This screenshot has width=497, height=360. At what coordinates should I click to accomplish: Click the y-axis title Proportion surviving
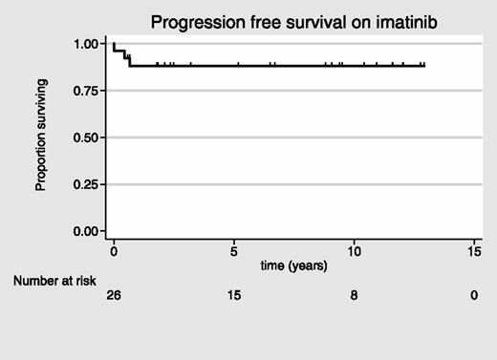point(42,138)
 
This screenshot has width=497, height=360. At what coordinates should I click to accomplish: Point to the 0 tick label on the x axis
point(114,249)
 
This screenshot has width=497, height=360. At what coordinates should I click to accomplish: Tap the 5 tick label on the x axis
point(234,249)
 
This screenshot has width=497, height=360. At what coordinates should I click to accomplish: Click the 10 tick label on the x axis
point(354,249)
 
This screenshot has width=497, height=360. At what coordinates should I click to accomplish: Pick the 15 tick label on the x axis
point(473,249)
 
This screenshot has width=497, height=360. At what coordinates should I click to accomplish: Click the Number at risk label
point(54,280)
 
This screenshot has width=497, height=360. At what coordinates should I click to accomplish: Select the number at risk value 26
point(114,297)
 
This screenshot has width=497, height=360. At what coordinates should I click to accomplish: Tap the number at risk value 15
point(234,297)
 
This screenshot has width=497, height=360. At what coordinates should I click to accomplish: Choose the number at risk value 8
point(354,297)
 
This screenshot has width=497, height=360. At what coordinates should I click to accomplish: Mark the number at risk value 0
point(473,297)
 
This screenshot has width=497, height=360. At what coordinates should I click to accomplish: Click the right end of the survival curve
point(423,66)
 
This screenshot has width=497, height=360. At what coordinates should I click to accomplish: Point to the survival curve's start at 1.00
point(114,44)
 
